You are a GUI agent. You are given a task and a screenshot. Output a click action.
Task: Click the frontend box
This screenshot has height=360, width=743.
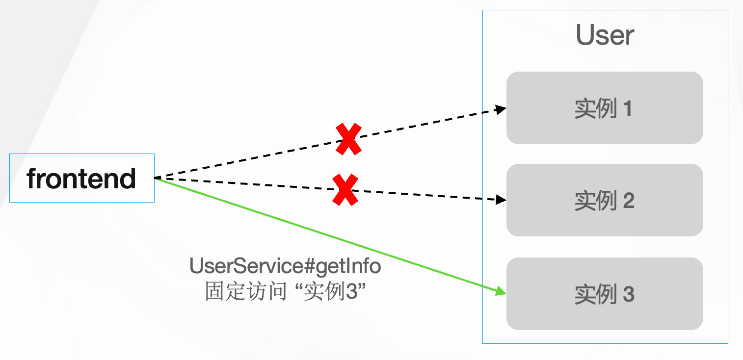(x=82, y=178)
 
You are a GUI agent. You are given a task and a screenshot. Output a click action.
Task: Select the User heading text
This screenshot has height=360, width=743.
(x=605, y=35)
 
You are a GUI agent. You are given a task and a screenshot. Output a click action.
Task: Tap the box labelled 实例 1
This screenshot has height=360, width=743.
(x=605, y=108)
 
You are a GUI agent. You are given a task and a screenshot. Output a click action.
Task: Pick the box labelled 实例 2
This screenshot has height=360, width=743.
(x=605, y=200)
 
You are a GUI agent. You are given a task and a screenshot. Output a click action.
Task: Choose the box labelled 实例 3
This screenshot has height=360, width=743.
(x=605, y=294)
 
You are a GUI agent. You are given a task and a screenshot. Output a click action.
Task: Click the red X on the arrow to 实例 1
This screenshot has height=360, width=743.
(x=348, y=139)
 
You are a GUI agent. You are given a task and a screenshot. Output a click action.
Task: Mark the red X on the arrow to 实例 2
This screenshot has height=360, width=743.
(x=345, y=189)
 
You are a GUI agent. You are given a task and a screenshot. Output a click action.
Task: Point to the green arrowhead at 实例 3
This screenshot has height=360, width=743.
(x=501, y=291)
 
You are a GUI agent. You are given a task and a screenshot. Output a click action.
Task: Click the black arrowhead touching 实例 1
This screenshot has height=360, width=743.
(x=501, y=109)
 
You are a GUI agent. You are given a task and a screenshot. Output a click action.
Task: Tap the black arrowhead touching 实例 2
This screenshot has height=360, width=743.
(x=501, y=199)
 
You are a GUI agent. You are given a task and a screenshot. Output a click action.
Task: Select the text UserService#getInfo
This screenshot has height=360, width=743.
(x=285, y=267)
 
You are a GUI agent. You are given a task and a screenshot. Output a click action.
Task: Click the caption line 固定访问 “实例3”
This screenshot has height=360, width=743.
(x=286, y=292)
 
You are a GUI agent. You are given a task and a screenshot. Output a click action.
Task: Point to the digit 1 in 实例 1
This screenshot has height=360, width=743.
(x=627, y=108)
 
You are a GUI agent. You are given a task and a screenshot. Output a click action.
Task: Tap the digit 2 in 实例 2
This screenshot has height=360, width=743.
(x=628, y=201)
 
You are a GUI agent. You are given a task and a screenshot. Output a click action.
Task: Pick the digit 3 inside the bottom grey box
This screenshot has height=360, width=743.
(x=629, y=294)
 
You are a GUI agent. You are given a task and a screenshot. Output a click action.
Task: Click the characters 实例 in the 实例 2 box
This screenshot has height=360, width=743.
(x=595, y=201)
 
